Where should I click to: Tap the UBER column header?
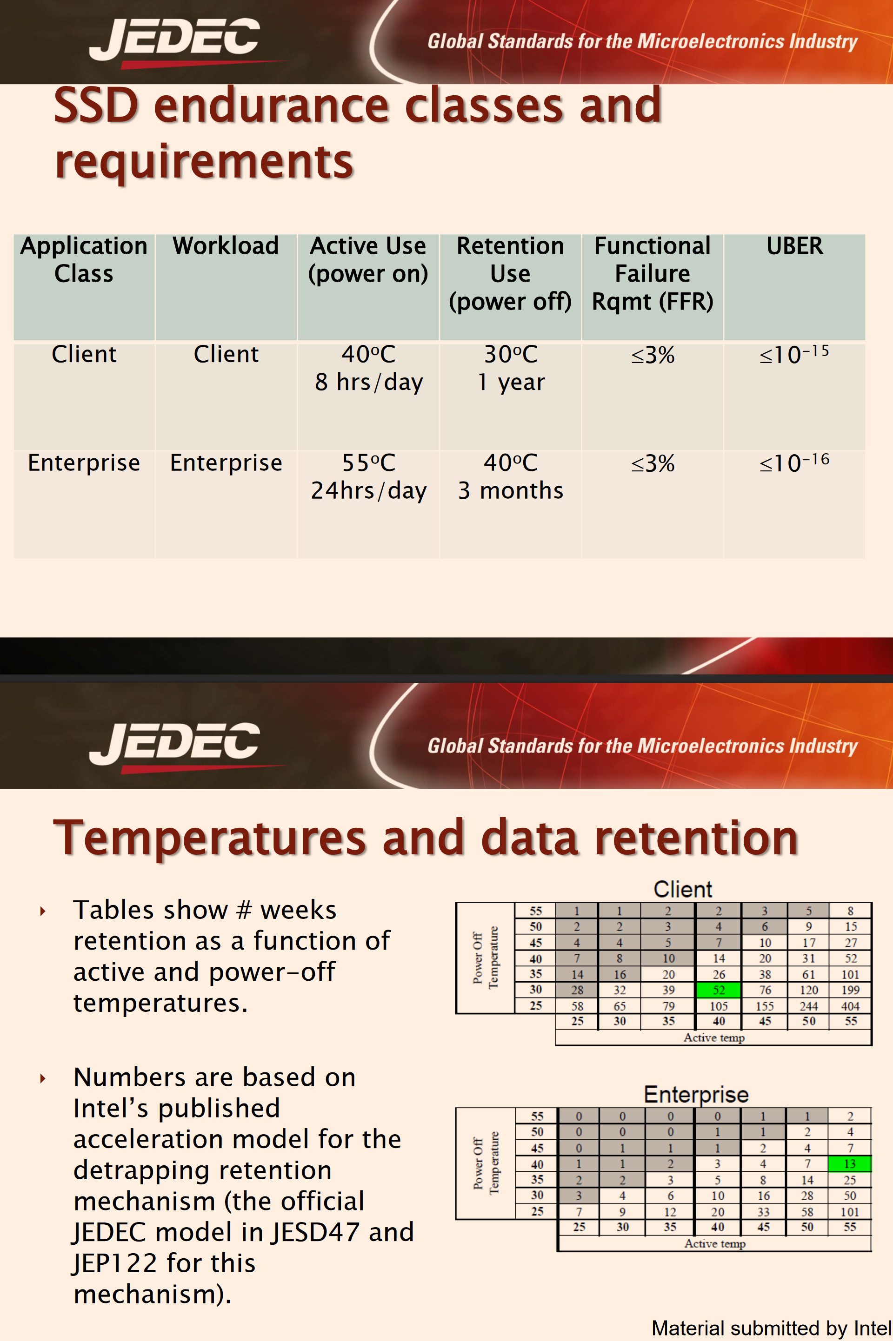point(794,246)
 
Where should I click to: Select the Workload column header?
point(226,246)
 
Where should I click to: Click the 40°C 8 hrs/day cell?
point(368,368)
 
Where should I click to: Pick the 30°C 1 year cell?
point(511,368)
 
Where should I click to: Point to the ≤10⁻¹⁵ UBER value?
point(794,354)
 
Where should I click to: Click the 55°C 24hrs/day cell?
point(368,476)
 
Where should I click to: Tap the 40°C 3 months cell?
point(511,476)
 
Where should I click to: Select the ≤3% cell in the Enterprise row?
point(653,463)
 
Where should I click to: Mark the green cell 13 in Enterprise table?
point(849,1164)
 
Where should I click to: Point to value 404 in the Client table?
point(850,1006)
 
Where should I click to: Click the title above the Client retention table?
point(683,889)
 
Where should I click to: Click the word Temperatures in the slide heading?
point(210,838)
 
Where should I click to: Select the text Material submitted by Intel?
point(772,1328)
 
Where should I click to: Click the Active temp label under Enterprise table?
point(715,1244)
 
